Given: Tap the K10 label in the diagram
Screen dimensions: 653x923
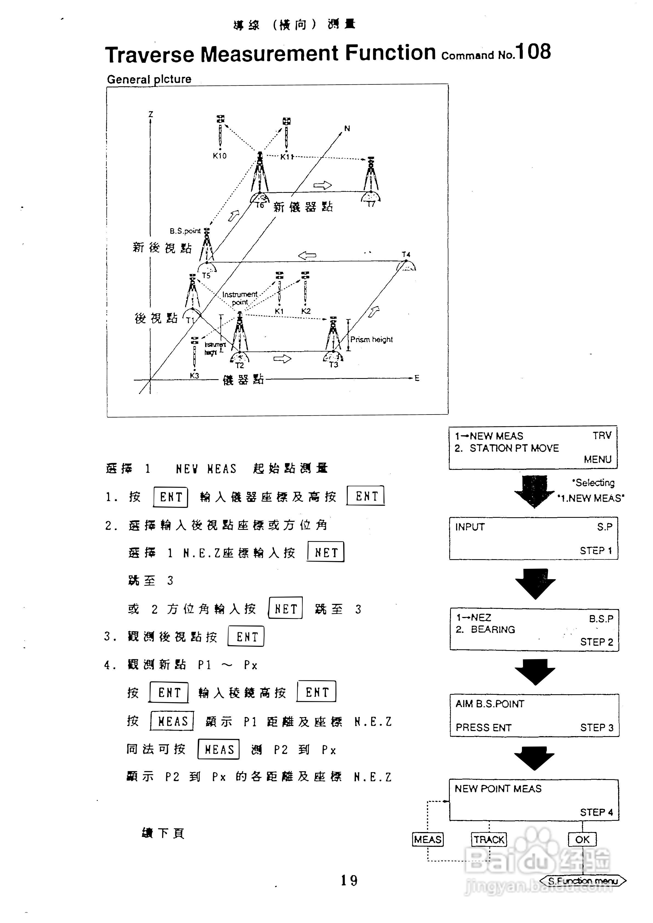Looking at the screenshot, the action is point(220,156).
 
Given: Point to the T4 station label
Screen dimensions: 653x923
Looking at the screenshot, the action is point(406,255).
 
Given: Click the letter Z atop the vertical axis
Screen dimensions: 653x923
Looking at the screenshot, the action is point(151,115).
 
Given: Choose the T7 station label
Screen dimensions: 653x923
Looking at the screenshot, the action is point(371,204).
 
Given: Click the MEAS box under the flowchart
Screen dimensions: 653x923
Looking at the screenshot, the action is point(428,839).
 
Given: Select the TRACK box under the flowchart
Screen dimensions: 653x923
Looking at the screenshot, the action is point(489,839).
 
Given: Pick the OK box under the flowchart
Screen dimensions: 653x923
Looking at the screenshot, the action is point(582,839).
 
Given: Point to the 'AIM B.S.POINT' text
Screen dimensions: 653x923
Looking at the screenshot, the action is point(490,704).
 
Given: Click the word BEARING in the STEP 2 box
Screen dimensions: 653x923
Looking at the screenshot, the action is point(493,630).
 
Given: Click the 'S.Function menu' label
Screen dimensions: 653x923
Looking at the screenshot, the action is point(583,881).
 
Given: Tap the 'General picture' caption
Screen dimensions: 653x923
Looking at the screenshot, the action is point(149,79).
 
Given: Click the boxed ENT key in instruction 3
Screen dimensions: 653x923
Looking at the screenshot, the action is point(246,637).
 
